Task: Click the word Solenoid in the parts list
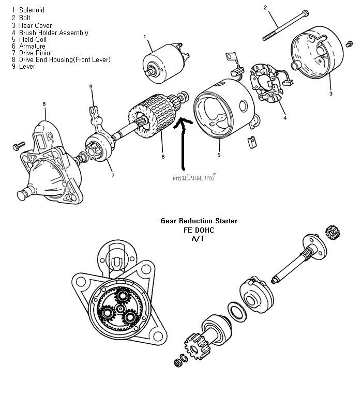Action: [x=32, y=10]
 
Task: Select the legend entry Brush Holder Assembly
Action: [x=53, y=33]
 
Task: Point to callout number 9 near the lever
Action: [x=90, y=86]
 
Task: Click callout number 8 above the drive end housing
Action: [x=44, y=104]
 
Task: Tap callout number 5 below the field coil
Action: [x=219, y=155]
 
